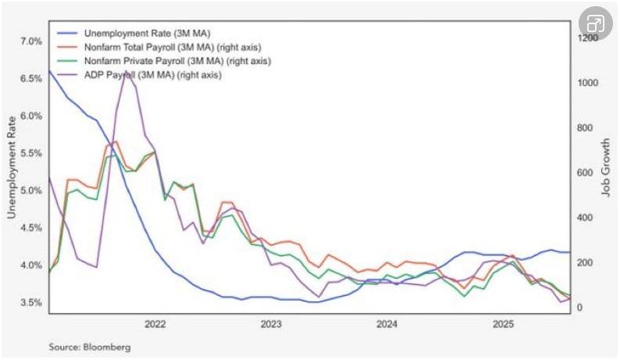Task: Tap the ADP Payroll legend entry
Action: (146, 75)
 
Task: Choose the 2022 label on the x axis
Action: (155, 323)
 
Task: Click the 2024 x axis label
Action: (387, 323)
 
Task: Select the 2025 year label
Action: (503, 323)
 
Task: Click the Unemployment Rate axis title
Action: (11, 172)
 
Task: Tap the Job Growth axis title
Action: (606, 173)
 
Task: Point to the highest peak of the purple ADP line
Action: (126, 72)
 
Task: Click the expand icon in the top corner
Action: (595, 23)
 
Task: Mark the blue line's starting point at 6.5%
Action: (49, 71)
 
